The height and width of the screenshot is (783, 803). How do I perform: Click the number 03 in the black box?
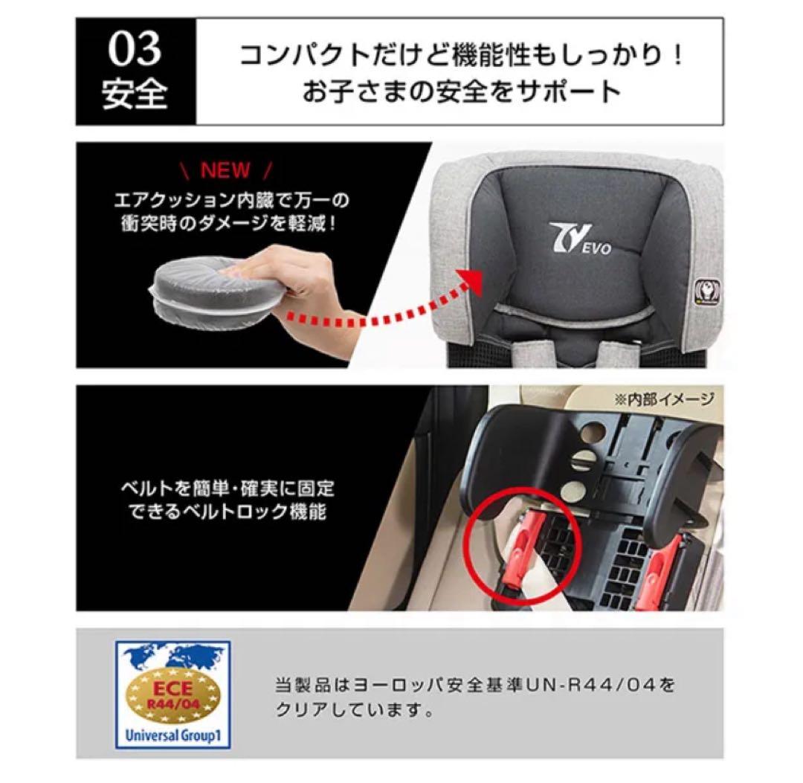135,50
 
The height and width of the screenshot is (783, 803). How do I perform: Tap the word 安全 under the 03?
135,94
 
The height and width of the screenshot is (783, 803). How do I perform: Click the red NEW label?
226,170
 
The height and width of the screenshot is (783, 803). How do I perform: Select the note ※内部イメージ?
664,398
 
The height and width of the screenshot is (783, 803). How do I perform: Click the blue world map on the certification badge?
172,661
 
